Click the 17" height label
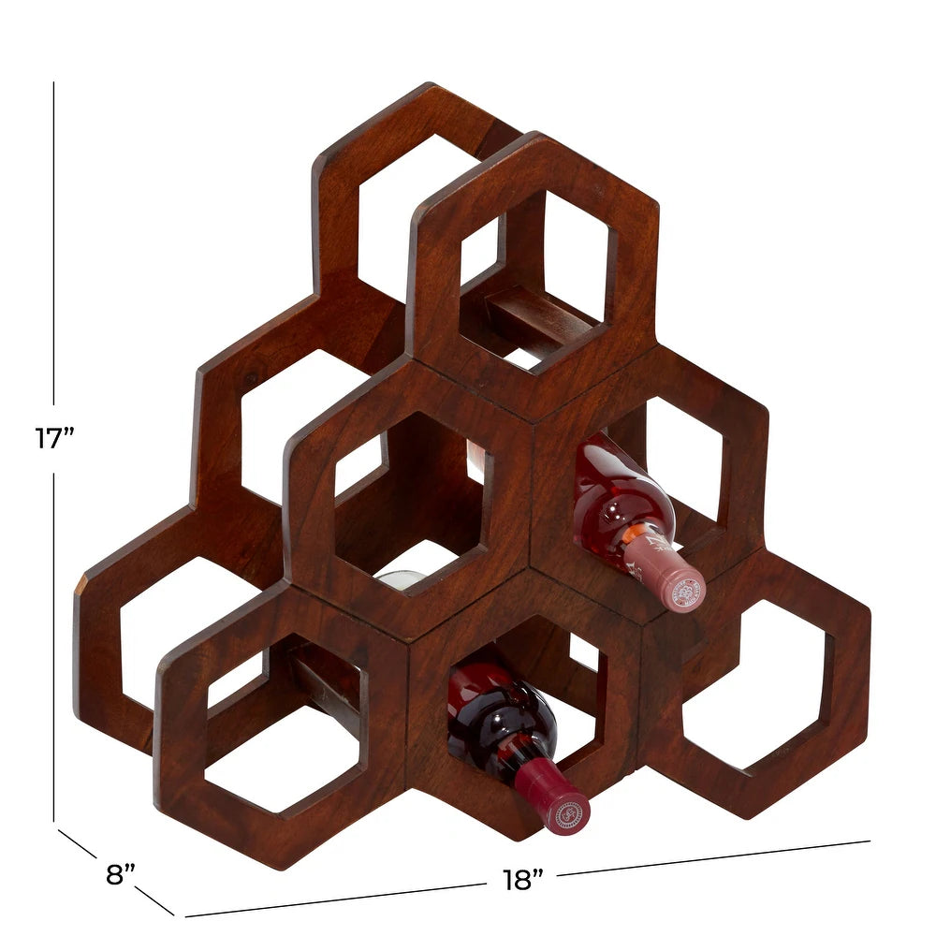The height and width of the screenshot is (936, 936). [x=54, y=438]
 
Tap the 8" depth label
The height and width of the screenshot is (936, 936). [x=120, y=875]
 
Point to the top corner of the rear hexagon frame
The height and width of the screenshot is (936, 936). [x=431, y=87]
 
